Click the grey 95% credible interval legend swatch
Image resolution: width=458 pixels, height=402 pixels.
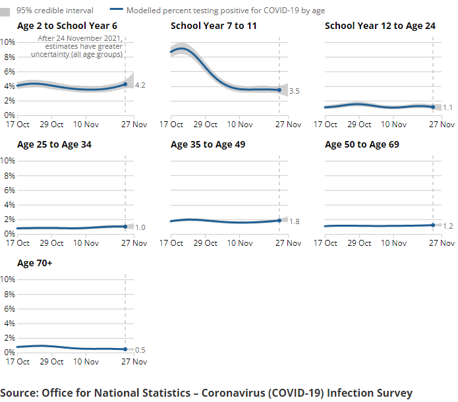(x=7, y=11)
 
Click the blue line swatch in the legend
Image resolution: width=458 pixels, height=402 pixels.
(x=116, y=11)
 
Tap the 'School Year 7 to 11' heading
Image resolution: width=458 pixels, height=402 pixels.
(x=214, y=26)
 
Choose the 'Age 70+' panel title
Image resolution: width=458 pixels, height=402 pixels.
(x=35, y=263)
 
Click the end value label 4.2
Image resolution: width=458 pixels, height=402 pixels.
(x=140, y=86)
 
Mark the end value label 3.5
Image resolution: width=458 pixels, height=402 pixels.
(x=294, y=91)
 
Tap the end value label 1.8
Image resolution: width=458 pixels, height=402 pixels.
(x=294, y=221)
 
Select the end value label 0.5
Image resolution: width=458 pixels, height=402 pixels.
(x=140, y=350)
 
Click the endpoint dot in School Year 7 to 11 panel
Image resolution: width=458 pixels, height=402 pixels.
(x=279, y=90)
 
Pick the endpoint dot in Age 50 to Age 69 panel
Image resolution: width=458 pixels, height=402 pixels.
(x=433, y=225)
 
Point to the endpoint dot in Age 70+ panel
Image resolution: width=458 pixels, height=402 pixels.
(x=125, y=349)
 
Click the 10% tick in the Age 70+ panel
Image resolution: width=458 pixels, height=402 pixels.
(x=8, y=279)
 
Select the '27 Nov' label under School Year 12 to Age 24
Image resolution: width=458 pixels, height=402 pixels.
(x=443, y=124)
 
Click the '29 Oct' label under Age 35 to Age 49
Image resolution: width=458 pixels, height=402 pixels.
(x=206, y=243)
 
